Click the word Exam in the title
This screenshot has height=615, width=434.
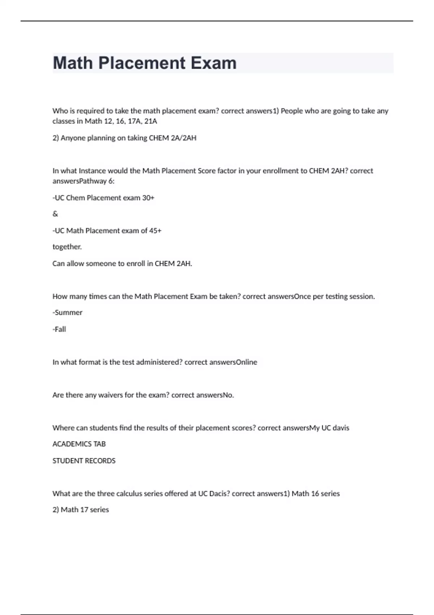pos(213,63)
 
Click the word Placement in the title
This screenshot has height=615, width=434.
pos(142,63)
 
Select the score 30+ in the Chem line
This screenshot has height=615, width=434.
pos(148,198)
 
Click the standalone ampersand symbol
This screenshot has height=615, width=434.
pos(55,214)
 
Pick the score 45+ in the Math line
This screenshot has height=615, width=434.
pos(155,230)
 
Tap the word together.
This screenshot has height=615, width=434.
pos(67,247)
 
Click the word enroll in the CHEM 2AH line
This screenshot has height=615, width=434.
pos(135,263)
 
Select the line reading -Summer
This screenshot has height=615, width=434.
pos(68,313)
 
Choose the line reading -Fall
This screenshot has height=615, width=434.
pos(59,329)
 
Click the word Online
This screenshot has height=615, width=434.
pos(246,362)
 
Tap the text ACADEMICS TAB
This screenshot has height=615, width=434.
pos(79,444)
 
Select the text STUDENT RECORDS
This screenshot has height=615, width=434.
pos(84,461)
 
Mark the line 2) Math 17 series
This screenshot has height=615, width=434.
pos(81,510)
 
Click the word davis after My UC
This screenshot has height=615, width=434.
pos(341,428)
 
